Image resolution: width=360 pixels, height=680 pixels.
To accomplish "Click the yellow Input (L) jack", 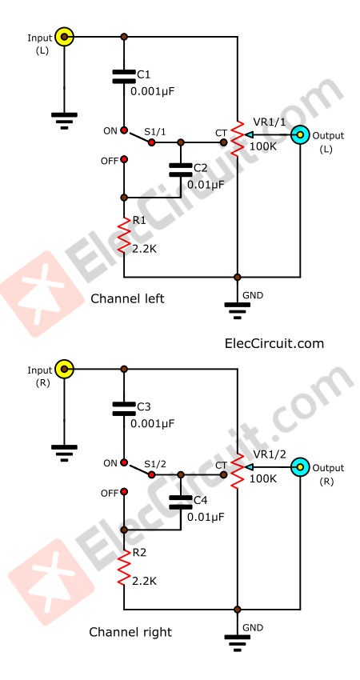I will click(64, 37).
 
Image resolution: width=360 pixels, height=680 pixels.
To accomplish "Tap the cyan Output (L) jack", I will click(300, 135).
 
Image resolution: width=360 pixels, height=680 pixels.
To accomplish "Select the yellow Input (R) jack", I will click(64, 370).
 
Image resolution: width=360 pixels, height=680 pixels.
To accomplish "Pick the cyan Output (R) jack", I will click(300, 466).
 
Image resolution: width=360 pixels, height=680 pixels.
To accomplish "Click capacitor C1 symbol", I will click(123, 76).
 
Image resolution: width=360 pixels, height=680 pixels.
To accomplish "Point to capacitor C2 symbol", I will click(180, 170).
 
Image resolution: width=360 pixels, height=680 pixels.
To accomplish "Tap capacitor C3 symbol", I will click(123, 408).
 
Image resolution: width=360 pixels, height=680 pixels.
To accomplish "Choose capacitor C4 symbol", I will click(181, 502).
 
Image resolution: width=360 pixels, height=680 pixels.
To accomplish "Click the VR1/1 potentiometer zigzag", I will click(238, 138).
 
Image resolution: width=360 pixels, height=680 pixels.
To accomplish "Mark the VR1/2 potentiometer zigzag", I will click(238, 470).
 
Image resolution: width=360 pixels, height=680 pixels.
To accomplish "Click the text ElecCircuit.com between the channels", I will click(274, 343).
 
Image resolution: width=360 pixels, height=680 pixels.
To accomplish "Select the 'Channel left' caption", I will click(127, 298).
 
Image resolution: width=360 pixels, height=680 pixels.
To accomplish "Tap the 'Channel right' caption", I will click(130, 631).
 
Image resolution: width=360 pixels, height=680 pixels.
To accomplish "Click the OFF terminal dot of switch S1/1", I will click(123, 160).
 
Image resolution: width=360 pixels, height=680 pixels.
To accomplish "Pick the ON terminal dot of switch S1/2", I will click(123, 462).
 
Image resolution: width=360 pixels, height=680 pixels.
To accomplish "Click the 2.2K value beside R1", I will click(144, 248).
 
